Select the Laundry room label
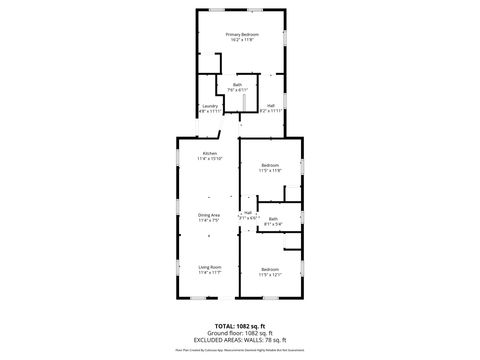click(210, 106)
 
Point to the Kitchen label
click(209, 153)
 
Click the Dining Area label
click(209, 215)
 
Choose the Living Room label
click(209, 267)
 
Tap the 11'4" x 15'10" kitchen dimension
click(209, 158)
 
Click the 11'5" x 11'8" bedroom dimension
click(270, 170)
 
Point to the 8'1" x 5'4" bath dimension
click(273, 224)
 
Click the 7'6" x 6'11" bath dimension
click(239, 90)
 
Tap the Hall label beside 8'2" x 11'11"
click(271, 106)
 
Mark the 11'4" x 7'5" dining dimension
click(209, 220)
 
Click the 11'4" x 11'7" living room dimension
click(209, 272)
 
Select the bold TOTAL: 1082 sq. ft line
click(240, 326)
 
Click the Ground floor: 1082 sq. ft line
click(240, 332)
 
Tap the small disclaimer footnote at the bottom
click(240, 351)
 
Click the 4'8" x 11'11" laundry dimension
click(210, 111)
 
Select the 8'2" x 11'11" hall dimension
click(271, 111)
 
